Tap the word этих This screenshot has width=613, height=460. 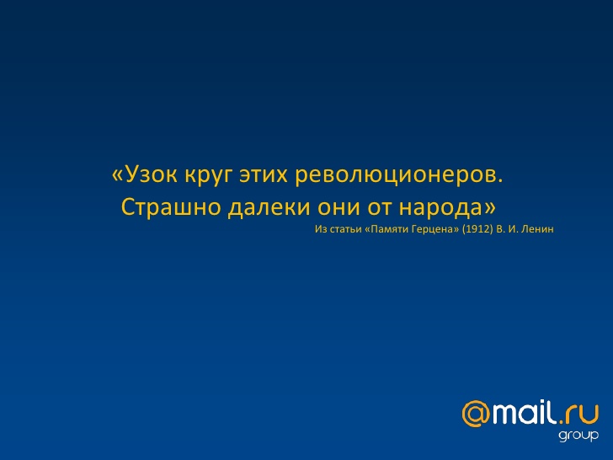pyautogui.click(x=264, y=175)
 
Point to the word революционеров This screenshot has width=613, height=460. pyautogui.click(x=399, y=176)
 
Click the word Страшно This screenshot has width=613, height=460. pyautogui.click(x=171, y=207)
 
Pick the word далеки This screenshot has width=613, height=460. pyautogui.click(x=269, y=207)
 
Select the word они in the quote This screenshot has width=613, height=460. pyautogui.click(x=338, y=208)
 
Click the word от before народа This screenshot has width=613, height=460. pyautogui.click(x=379, y=208)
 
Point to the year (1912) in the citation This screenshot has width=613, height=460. pyautogui.click(x=477, y=229)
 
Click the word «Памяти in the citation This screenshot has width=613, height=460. pyautogui.click(x=383, y=229)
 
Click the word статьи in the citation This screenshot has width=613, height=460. pyautogui.click(x=345, y=230)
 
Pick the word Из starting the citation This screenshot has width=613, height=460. pyautogui.click(x=321, y=229)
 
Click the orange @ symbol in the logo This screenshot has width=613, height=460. pyautogui.click(x=476, y=414)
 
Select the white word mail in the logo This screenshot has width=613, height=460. pyautogui.click(x=525, y=412)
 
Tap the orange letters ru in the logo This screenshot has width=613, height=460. pyautogui.click(x=582, y=415)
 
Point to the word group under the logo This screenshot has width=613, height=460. pyautogui.click(x=578, y=436)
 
